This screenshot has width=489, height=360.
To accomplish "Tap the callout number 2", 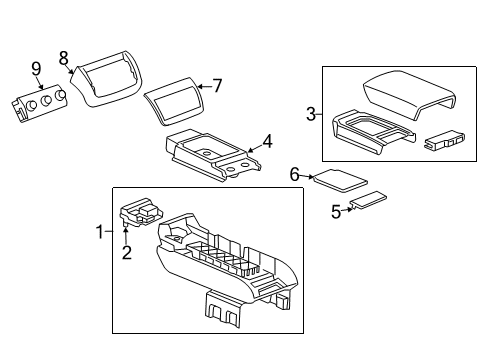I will point(127,252).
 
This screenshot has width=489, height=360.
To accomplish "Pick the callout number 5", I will point(336,211).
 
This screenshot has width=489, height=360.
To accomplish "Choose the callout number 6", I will point(295,174).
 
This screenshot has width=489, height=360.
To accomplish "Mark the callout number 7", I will point(215,86).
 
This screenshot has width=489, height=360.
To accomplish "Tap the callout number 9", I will point(36,70).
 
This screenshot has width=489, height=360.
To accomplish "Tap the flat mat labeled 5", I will point(372,200).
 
